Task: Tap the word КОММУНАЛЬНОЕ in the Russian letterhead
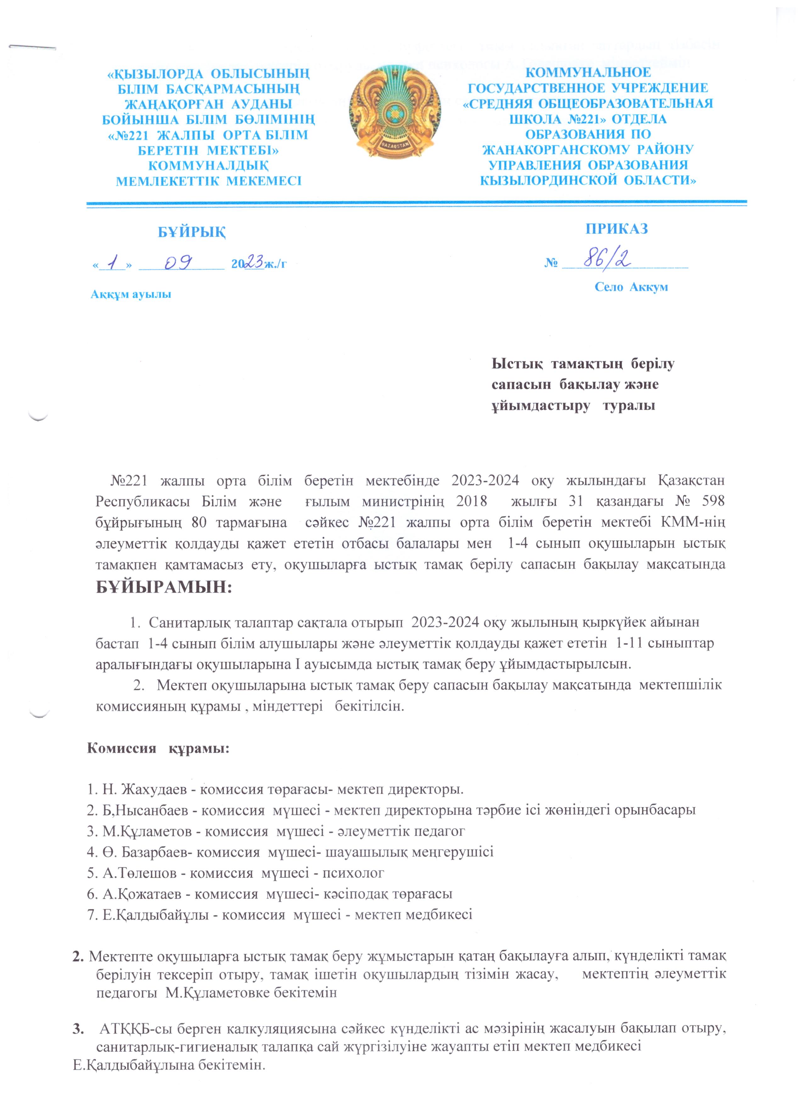click(x=588, y=73)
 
